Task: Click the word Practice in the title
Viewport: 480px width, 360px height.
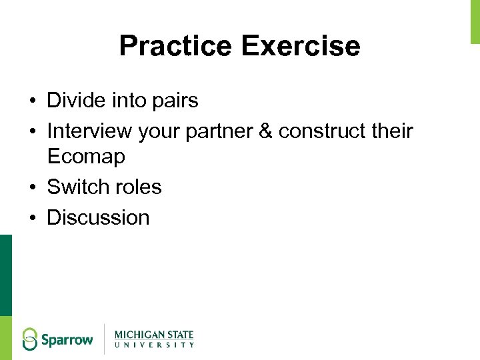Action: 175,46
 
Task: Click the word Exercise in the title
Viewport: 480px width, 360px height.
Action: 301,46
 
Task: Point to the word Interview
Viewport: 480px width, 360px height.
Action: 89,131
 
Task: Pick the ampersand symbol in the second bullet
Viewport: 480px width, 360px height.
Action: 265,131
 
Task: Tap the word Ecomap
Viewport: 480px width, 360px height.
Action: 86,157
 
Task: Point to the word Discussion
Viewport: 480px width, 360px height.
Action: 98,217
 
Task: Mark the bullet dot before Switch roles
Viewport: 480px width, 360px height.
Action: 32,188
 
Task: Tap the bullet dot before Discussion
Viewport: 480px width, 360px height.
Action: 32,218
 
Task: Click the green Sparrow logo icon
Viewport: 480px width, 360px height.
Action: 30,339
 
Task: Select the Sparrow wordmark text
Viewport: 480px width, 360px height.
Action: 67,340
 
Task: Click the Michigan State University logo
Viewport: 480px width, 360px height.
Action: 154,339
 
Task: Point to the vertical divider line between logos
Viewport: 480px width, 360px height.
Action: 104,339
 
